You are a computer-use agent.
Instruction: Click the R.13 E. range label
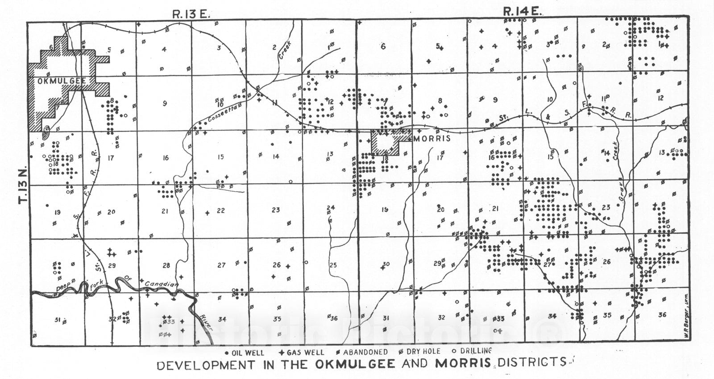[x=191, y=14]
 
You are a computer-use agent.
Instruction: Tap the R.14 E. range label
[x=522, y=12]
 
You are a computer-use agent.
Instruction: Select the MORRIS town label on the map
[x=432, y=139]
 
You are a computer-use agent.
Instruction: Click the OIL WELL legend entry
[x=245, y=352]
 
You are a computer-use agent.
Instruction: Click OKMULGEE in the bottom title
[x=355, y=363]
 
